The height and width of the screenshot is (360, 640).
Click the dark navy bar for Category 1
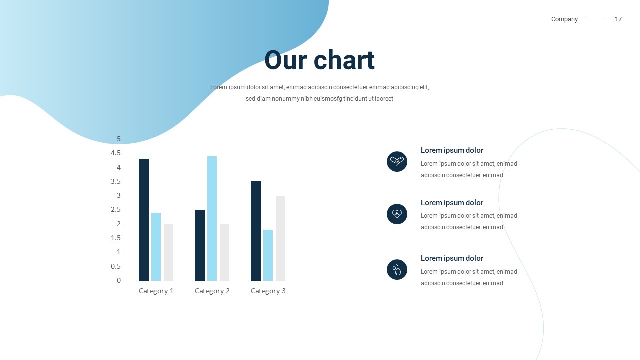[144, 220]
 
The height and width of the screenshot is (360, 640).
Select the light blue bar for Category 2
[212, 218]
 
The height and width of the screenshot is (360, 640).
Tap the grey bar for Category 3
[280, 238]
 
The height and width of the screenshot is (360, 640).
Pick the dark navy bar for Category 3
[256, 231]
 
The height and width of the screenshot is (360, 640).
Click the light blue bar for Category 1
[156, 247]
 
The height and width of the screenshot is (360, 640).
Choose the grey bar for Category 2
[224, 252]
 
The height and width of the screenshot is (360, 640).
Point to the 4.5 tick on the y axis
[116, 153]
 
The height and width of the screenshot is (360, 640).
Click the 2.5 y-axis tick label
[116, 210]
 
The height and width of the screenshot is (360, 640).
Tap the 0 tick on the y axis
[119, 280]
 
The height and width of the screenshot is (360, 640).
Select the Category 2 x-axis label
[212, 291]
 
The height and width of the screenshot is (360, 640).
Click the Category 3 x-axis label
[268, 291]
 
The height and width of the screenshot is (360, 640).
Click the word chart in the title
[344, 60]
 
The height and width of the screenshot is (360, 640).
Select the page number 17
[618, 19]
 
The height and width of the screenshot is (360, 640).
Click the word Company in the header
[564, 19]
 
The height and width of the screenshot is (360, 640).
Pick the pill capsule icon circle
[397, 161]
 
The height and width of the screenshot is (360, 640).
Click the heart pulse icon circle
[397, 214]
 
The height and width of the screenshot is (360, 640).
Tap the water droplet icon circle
[397, 269]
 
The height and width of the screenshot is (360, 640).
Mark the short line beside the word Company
[596, 19]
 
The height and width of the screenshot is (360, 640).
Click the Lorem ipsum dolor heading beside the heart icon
[452, 203]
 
